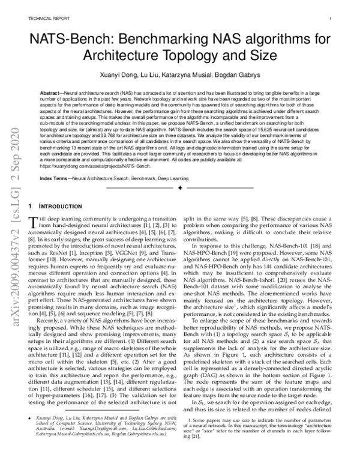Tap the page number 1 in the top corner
click(x=332, y=19)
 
